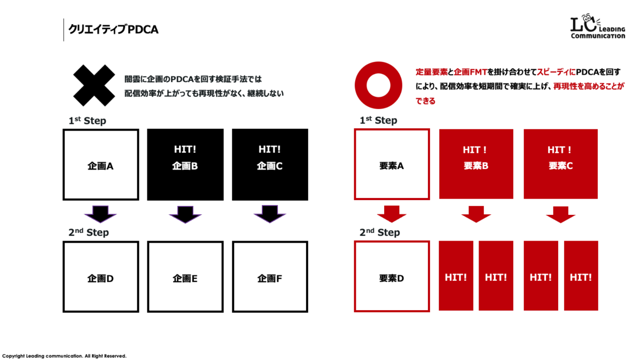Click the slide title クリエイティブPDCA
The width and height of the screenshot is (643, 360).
(x=113, y=29)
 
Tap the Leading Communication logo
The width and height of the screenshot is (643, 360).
(x=597, y=27)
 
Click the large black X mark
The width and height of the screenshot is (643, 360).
(x=94, y=85)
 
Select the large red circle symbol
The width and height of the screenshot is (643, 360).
(x=378, y=85)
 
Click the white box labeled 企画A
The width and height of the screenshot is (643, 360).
(x=101, y=165)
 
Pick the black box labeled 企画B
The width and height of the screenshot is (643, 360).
(x=185, y=165)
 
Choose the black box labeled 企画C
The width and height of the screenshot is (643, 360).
(x=270, y=165)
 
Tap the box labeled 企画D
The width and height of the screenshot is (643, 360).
(x=101, y=277)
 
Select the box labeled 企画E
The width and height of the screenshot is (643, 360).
(x=185, y=277)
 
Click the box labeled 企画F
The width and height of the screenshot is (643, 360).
(x=270, y=277)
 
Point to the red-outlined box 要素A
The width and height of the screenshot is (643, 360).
(x=392, y=164)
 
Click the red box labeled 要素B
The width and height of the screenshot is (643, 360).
(x=476, y=164)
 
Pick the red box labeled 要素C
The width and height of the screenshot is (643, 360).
(x=560, y=164)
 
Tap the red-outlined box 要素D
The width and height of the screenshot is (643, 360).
(x=392, y=277)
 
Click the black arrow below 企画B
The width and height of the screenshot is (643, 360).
(x=185, y=214)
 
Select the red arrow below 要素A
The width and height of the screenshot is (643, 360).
(x=392, y=214)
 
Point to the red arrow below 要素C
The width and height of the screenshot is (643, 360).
(x=560, y=214)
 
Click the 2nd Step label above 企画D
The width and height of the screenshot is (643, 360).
(x=88, y=232)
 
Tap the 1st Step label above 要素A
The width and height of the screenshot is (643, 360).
(x=378, y=120)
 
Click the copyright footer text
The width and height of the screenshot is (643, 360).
(x=64, y=356)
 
